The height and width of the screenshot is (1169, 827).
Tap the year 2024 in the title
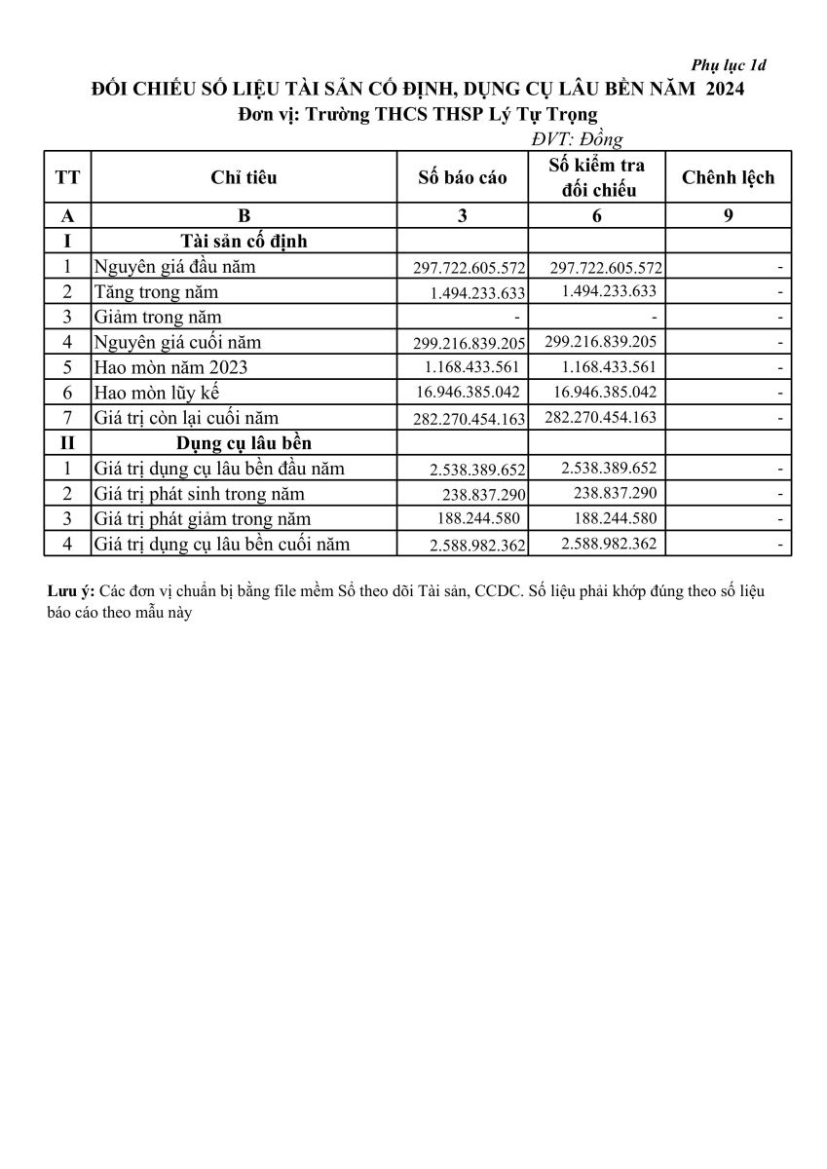click(724, 90)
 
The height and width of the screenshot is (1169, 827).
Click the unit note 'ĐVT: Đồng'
click(577, 140)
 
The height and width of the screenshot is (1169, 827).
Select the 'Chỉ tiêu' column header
click(244, 177)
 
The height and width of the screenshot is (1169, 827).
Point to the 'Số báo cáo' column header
click(463, 178)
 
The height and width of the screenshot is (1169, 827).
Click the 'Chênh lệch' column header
click(728, 177)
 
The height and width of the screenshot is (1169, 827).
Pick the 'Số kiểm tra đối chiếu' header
click(596, 177)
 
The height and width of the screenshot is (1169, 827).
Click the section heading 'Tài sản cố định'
click(244, 241)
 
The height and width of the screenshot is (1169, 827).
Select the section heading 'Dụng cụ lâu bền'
click(244, 443)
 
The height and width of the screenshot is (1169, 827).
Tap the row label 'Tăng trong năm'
click(156, 292)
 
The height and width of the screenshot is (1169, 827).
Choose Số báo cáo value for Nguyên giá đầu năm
click(464, 268)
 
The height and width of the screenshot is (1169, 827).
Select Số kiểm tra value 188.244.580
click(610, 518)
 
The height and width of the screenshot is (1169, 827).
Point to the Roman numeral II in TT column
click(68, 443)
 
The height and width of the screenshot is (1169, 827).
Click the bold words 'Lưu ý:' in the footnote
click(70, 592)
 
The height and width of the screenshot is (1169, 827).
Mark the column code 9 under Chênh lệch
click(728, 216)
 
